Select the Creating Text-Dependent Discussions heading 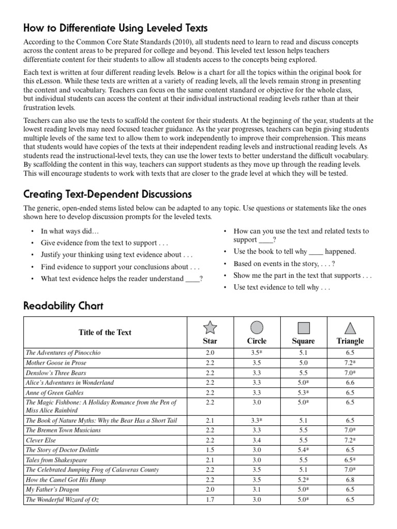[x=108, y=194]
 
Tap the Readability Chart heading [x=64, y=306]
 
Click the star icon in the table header [x=210, y=328]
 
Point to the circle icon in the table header [x=257, y=328]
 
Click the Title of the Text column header [x=105, y=332]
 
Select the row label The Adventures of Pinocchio [x=63, y=353]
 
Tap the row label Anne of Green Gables [x=55, y=393]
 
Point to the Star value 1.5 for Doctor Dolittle [x=210, y=450]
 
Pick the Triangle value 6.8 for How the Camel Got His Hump [x=350, y=480]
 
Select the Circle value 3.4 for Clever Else [x=257, y=440]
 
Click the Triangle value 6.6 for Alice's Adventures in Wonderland [x=350, y=383]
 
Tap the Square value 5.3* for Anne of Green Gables [x=303, y=393]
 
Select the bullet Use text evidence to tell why [x=281, y=287]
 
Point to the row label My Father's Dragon [x=51, y=490]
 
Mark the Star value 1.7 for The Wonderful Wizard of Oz [x=210, y=500]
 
